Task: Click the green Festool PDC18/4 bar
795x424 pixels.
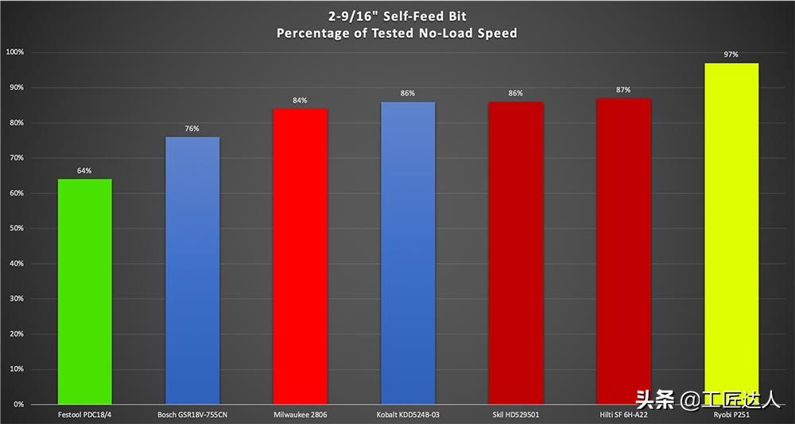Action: pos(84,291)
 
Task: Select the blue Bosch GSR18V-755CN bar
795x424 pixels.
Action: pos(192,270)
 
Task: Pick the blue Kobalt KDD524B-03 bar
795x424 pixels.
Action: pos(408,253)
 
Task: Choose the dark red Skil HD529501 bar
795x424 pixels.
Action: pos(516,253)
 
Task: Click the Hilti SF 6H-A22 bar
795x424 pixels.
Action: pos(623,251)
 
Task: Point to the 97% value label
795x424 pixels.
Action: pos(731,55)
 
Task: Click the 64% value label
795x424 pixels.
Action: pos(84,170)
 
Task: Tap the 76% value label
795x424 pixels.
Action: pos(192,128)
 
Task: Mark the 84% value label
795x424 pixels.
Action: pos(301,100)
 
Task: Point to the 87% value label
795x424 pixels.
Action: pos(623,90)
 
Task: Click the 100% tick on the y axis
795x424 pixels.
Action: pos(15,53)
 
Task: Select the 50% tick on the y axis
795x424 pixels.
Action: pos(17,228)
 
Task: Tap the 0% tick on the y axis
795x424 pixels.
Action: pos(18,405)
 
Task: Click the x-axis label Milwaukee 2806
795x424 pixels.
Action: pos(301,414)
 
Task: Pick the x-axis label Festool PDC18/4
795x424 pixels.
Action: pos(84,414)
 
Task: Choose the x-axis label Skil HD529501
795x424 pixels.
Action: pos(516,414)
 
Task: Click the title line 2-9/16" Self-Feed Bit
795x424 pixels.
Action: pos(397,16)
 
